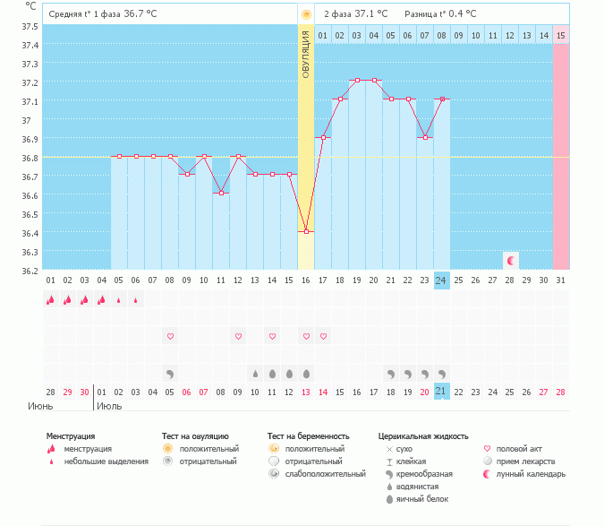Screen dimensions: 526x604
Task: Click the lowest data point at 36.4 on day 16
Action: pos(306,232)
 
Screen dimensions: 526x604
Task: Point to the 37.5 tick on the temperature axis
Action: pos(29,26)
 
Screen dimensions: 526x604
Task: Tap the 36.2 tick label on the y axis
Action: pos(29,270)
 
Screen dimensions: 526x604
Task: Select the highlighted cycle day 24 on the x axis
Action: pos(441,280)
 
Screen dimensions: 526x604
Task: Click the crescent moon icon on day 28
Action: pos(510,261)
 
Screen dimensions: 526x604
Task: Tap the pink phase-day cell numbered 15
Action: pos(560,35)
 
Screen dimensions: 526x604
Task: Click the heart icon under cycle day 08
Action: pos(169,336)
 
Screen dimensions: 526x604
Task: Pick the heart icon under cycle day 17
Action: pos(323,336)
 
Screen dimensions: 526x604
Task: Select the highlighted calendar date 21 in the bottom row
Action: pos(441,392)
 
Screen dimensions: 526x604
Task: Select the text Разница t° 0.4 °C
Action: pos(440,13)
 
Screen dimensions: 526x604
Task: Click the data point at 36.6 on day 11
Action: pos(221,194)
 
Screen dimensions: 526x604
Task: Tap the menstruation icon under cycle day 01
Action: pos(51,300)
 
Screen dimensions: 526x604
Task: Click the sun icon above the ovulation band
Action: pos(306,14)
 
